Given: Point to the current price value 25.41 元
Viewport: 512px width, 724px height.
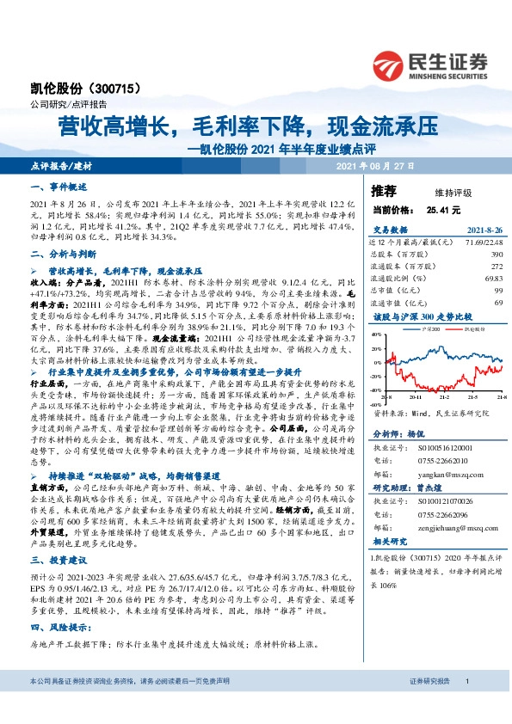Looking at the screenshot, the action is pyautogui.click(x=443, y=209).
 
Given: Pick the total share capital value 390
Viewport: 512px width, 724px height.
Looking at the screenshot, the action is pyautogui.click(x=496, y=255).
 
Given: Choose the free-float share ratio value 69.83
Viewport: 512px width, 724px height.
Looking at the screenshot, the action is pyautogui.click(x=491, y=279).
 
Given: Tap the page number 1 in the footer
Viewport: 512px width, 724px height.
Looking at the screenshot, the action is pyautogui.click(x=466, y=705).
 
